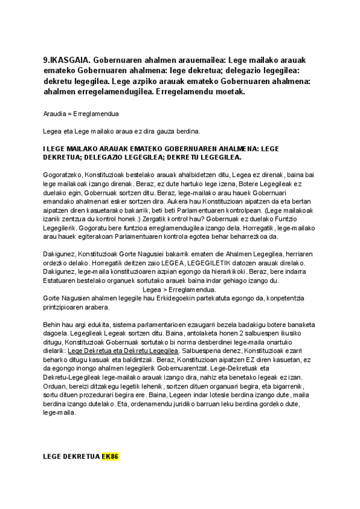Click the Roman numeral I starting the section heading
[x=44, y=148]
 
